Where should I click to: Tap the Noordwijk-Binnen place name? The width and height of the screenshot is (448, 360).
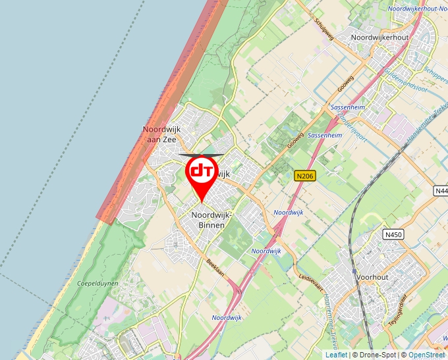point(208,220)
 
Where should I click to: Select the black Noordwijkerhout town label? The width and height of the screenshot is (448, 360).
point(379,38)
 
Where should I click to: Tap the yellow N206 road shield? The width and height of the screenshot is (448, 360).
point(305,176)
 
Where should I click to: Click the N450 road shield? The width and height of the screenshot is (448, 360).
point(394,234)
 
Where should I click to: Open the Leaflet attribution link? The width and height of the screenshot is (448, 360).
point(336,355)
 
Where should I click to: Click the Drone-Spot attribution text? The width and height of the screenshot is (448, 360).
point(378,355)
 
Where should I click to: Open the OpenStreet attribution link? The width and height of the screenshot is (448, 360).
point(427,355)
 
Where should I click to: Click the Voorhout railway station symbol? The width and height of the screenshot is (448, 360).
point(354,271)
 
